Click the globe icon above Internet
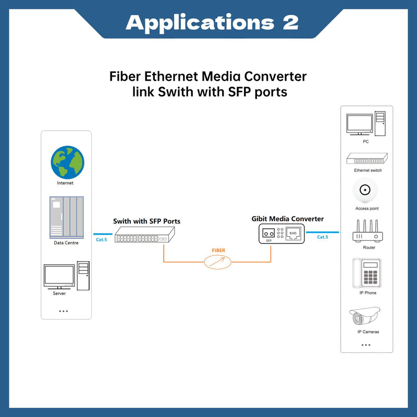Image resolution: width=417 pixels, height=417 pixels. tap(67, 162)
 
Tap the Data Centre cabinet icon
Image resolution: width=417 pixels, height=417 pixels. tap(66, 216)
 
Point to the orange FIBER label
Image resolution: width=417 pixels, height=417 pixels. tap(218, 251)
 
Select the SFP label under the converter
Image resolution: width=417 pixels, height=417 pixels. tap(268, 241)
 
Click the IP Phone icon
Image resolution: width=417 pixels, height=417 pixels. tap(366, 273)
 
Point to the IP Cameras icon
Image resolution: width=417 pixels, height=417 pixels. tap(366, 317)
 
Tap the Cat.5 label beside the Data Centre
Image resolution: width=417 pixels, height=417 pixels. tap(101, 240)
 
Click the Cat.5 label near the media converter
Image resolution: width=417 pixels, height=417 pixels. tap(323, 237)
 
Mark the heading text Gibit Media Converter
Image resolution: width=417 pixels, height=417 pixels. tap(287, 219)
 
